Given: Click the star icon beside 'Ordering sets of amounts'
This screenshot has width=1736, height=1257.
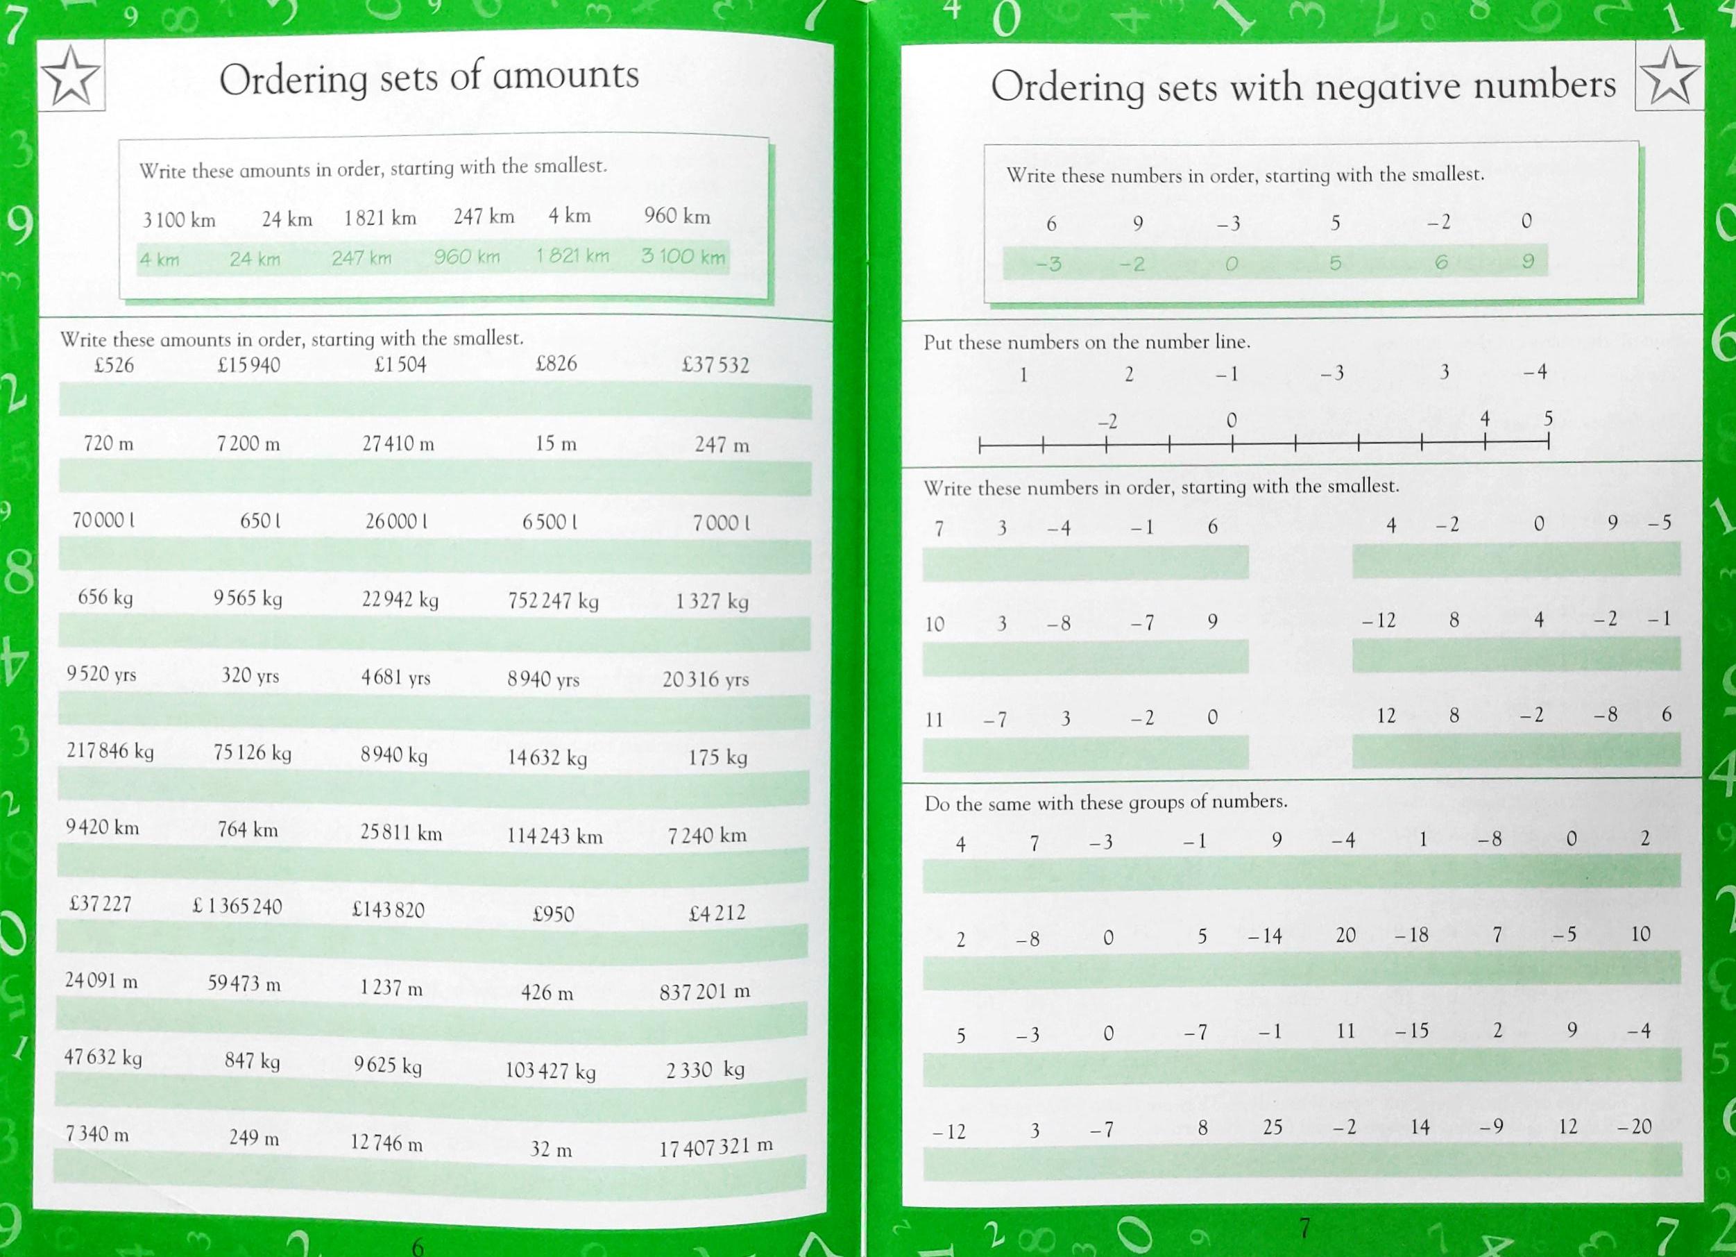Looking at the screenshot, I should (70, 76).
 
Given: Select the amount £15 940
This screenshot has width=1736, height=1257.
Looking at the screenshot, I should (249, 365).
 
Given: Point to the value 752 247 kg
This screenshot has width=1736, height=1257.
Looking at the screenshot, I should (552, 601).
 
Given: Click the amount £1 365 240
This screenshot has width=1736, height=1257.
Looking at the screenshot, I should (237, 906).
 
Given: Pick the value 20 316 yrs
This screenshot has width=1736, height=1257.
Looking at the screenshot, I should (705, 679).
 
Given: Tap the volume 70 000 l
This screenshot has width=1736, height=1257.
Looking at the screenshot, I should (103, 521).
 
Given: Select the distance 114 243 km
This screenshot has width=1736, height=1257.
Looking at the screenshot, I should (554, 836).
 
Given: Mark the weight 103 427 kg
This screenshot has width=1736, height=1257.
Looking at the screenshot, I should (550, 1070).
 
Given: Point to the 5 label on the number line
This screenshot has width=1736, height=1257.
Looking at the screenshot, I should (1548, 419).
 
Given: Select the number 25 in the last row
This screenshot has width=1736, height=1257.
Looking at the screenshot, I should (1272, 1127).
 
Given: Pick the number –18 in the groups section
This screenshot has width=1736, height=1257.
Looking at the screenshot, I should (1411, 936).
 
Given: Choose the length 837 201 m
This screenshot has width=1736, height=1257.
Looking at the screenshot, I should (704, 992).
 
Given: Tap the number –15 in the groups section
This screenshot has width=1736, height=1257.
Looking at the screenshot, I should (1411, 1031).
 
